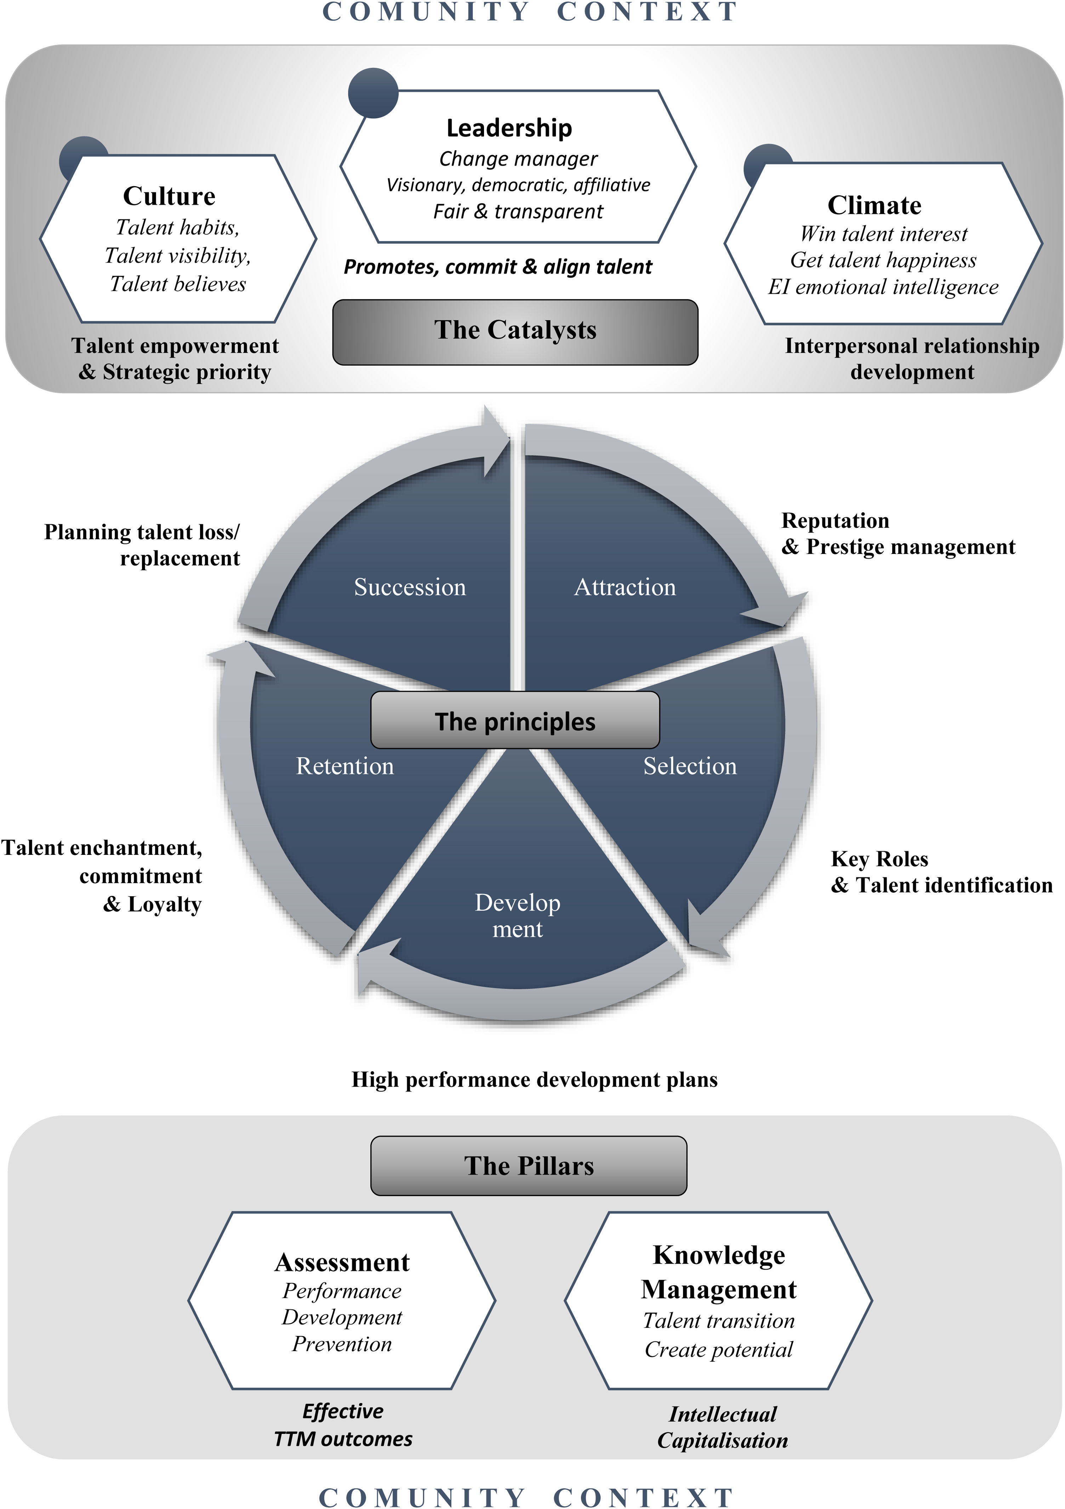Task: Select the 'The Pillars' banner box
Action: coord(529,1165)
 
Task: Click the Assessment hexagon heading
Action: coord(342,1262)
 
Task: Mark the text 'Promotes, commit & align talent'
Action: coord(498,267)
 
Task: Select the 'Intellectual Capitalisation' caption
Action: coord(723,1427)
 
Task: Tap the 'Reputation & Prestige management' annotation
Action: coord(898,534)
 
